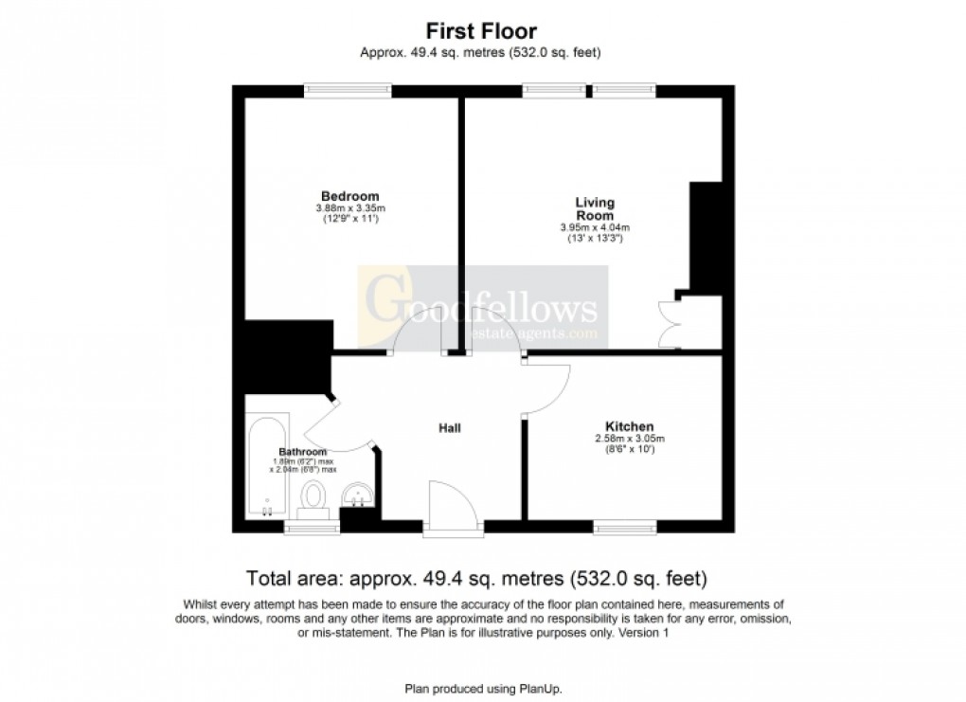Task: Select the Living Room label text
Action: point(595,208)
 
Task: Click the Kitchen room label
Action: point(630,426)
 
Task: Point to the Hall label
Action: point(449,428)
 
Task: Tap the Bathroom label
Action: point(303,452)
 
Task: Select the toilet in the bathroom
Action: point(313,496)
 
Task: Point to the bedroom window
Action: point(335,91)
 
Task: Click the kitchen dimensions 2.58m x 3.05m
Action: point(630,439)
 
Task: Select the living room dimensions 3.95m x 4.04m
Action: point(595,227)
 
